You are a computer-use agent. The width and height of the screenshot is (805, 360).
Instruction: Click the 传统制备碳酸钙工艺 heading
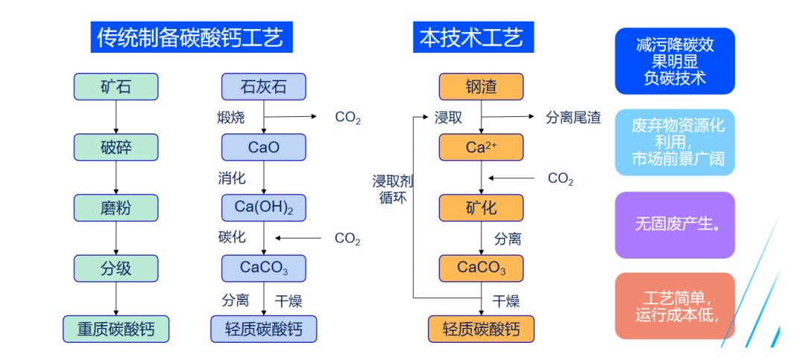[x=191, y=37]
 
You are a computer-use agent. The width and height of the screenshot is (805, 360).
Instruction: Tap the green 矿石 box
[x=116, y=87]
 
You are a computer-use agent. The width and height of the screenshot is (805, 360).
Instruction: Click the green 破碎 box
[x=116, y=147]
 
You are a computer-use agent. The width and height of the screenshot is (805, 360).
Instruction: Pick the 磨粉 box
[x=116, y=207]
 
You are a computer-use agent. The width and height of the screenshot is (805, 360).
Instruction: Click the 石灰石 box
[x=264, y=87]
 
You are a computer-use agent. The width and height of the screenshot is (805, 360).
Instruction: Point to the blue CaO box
[x=264, y=147]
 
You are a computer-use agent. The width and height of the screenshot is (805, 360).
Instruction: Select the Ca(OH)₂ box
[x=264, y=207]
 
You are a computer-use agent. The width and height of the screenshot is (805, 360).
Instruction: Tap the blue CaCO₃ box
[x=264, y=268]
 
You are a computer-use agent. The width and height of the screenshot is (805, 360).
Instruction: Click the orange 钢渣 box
[x=481, y=87]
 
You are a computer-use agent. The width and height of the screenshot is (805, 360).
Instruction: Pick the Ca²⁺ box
[x=481, y=147]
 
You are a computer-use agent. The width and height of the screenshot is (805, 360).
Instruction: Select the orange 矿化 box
[x=481, y=207]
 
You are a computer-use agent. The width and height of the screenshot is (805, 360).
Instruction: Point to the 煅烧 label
[x=230, y=117]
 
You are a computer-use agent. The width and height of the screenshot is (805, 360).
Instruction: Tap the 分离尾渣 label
[x=573, y=117]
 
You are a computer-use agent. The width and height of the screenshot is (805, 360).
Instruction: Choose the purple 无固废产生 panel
[x=675, y=224]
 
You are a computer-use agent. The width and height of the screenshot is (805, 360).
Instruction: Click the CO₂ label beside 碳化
[x=347, y=239]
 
